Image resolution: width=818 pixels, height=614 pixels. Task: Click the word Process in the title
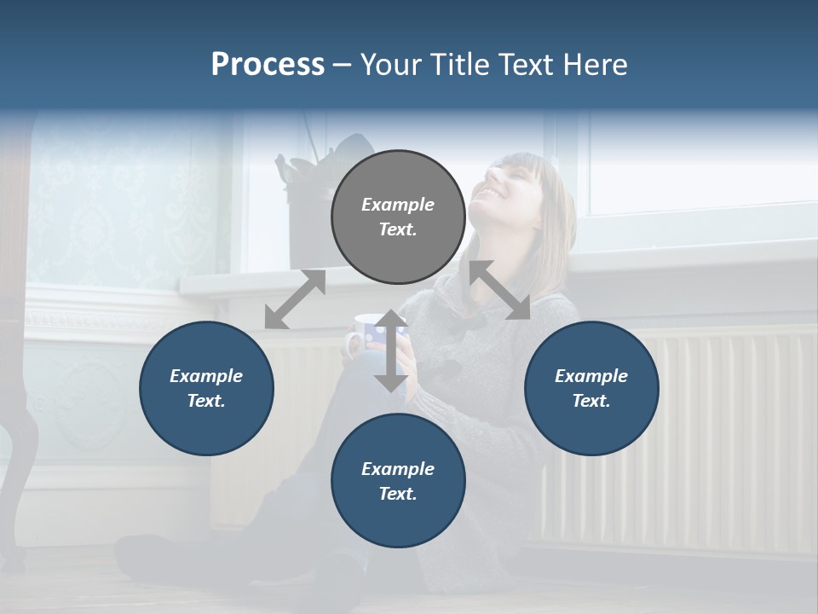[x=268, y=65]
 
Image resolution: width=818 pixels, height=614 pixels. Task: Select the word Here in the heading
[x=596, y=65]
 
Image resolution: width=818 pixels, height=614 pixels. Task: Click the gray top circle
[x=398, y=217]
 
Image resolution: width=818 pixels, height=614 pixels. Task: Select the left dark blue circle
[x=206, y=388]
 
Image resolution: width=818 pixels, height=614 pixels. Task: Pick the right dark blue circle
[x=591, y=388]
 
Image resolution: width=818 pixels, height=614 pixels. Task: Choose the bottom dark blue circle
[x=398, y=481]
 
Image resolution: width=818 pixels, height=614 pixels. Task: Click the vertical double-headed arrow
[x=391, y=350]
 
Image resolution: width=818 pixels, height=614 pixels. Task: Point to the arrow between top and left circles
[x=295, y=299]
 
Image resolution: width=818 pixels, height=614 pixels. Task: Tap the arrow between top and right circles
[x=500, y=290]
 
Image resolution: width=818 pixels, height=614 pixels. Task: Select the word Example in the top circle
[x=398, y=205]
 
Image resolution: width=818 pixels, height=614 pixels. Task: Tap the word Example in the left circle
[x=206, y=376]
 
